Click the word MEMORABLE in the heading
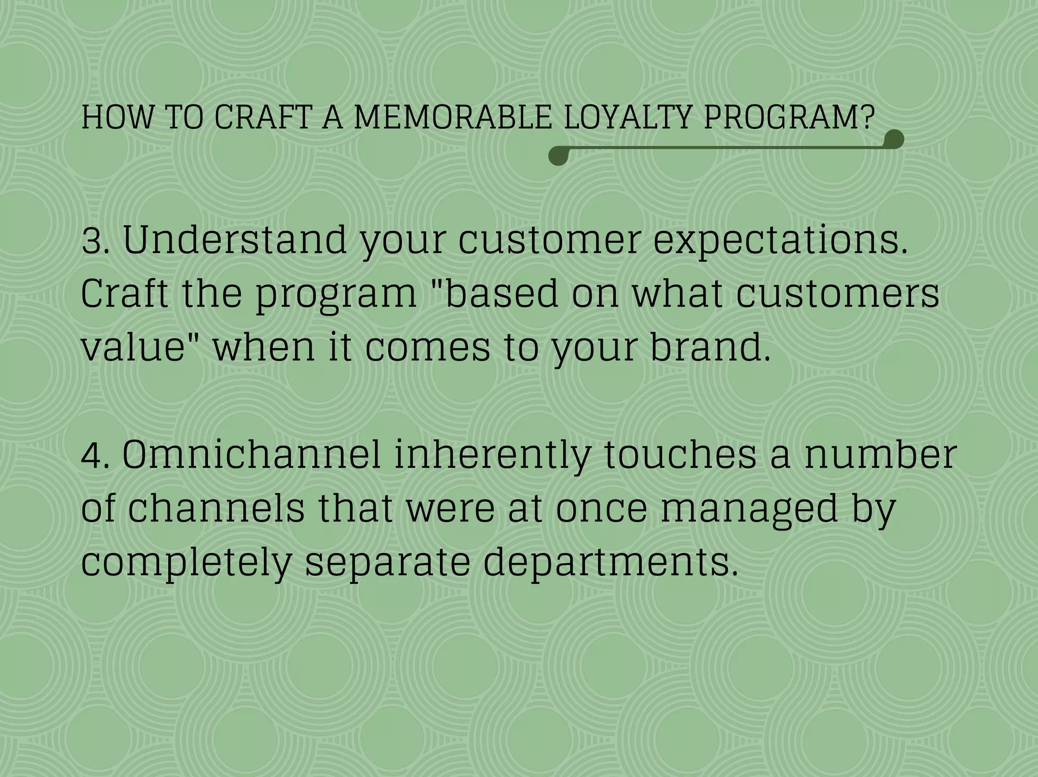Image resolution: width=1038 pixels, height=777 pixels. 452,117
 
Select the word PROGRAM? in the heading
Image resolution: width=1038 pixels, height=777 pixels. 789,117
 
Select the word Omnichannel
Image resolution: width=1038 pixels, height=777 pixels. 251,455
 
